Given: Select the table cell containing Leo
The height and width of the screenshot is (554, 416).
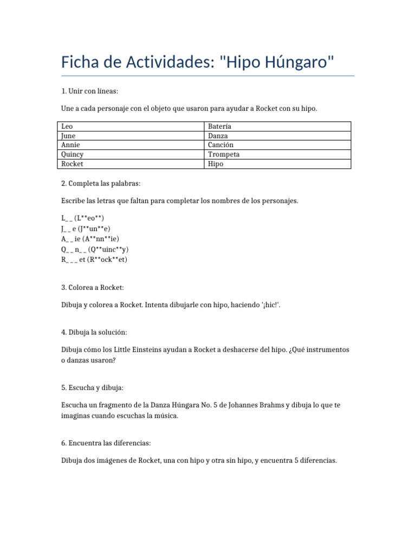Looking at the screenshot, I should [132, 126].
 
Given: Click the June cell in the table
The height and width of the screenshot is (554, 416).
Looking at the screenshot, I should [132, 136].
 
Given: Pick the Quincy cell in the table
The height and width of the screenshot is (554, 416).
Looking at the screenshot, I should [132, 154].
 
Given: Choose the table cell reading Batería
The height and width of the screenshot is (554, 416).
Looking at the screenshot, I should [278, 126].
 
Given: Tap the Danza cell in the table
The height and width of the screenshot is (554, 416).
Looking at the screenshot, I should [278, 136].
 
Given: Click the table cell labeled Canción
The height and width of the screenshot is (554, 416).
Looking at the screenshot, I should [278, 145].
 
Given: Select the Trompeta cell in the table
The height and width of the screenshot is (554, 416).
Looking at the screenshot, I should [278, 154].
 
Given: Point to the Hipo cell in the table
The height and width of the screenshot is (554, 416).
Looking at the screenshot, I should [278, 164].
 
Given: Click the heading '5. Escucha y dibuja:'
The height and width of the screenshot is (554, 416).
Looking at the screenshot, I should [93, 387].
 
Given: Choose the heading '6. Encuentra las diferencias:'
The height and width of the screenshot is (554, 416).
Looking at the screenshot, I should [106, 443].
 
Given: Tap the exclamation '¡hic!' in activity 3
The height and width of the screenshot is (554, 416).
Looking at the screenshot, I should [269, 305].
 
